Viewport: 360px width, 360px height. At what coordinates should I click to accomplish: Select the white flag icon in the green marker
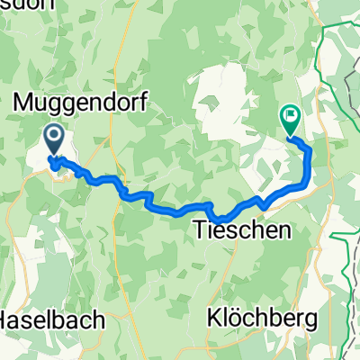[291, 114]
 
